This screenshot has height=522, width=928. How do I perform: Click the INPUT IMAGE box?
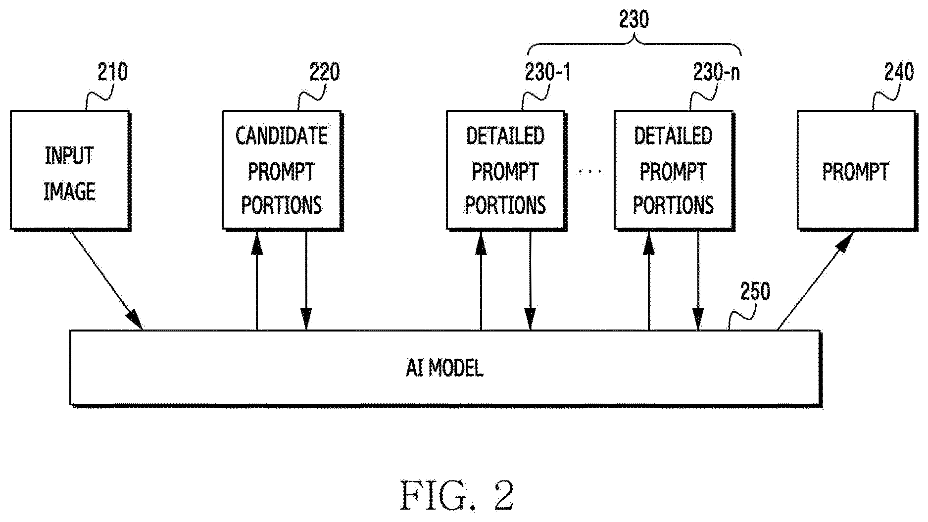click(x=70, y=170)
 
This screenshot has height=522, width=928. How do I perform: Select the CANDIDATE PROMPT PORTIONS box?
click(x=282, y=170)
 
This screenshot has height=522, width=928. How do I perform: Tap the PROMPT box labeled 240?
click(x=856, y=170)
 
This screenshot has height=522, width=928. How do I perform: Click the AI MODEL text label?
click(x=444, y=368)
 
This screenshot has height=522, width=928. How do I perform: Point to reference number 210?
click(x=112, y=72)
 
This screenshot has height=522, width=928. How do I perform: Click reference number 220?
click(x=325, y=72)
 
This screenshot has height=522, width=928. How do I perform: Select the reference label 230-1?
click(x=547, y=73)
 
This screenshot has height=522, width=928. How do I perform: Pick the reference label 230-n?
click(x=716, y=73)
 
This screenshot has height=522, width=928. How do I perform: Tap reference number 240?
click(x=899, y=73)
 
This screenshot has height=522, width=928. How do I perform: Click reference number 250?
click(x=755, y=291)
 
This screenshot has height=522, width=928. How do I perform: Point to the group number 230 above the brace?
click(x=634, y=20)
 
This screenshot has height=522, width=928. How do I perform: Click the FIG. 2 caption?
click(x=457, y=495)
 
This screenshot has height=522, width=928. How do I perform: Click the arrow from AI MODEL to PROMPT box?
click(x=815, y=281)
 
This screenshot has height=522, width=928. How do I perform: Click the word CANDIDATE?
click(x=282, y=136)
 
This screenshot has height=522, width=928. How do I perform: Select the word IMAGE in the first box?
click(x=70, y=191)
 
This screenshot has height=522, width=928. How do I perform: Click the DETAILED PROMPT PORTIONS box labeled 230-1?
click(x=506, y=170)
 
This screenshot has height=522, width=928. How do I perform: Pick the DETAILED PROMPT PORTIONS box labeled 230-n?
click(x=674, y=170)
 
